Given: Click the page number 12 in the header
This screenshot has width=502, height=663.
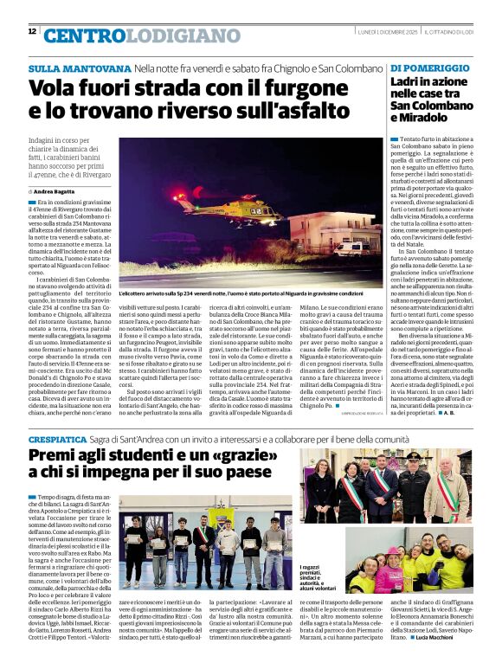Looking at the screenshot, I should (32, 31).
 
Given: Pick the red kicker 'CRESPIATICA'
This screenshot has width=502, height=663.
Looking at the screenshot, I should (57, 441).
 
